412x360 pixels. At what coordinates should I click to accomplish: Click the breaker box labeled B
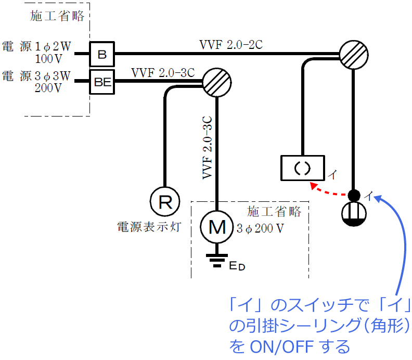pos(102,54)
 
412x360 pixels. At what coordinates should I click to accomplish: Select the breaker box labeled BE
pos(102,81)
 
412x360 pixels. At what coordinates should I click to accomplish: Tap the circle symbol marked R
pos(165,202)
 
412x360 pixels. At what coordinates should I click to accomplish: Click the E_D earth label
pos(237,266)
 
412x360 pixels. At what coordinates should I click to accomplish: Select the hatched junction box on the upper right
pos(354,54)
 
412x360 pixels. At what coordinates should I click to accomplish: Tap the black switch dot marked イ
pos(354,196)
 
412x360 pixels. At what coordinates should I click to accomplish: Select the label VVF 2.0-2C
pos(231,45)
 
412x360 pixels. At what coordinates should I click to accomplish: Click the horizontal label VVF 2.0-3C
pos(163,72)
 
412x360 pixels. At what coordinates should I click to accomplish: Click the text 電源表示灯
pos(149,227)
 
